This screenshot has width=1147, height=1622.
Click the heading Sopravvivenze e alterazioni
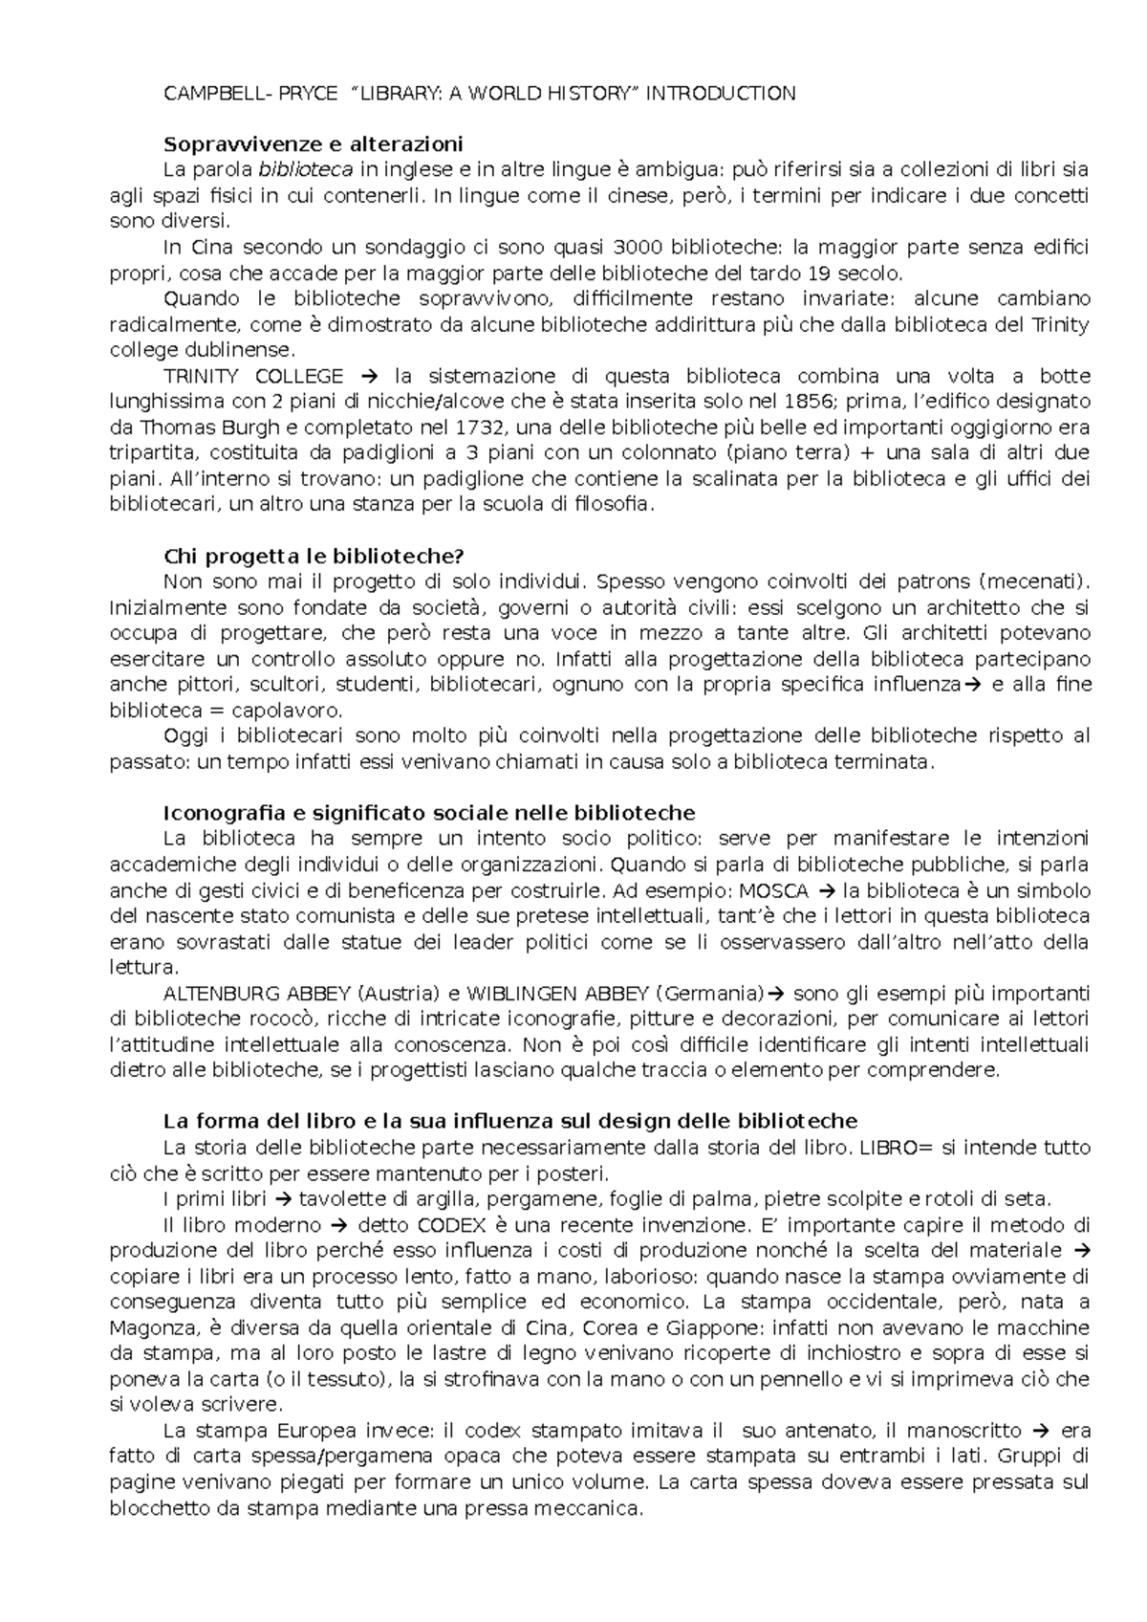[314, 144]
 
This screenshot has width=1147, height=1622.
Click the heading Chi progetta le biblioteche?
[314, 557]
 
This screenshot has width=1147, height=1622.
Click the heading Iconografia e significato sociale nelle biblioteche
[429, 813]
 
